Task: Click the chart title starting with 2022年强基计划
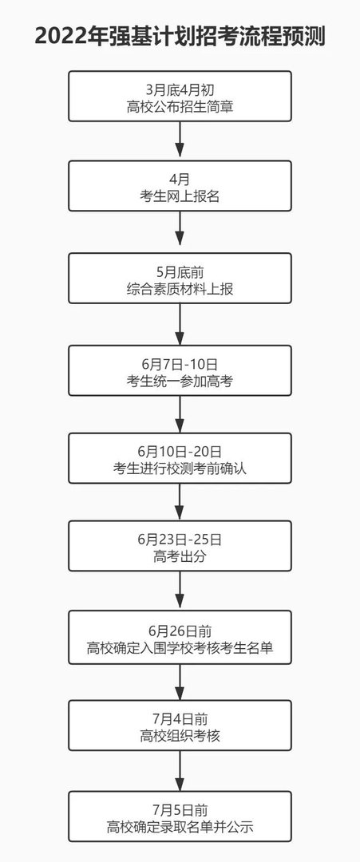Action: pyautogui.click(x=180, y=37)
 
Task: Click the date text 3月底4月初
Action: pyautogui.click(x=180, y=88)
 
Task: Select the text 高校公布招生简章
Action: pyautogui.click(x=180, y=105)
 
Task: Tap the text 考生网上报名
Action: pyautogui.click(x=180, y=196)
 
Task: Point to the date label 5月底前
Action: pyautogui.click(x=180, y=268)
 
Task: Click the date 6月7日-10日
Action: pyautogui.click(x=180, y=361)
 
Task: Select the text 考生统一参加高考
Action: pyautogui.click(x=180, y=378)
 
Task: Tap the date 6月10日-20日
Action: pyautogui.click(x=180, y=451)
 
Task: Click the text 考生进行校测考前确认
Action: pyautogui.click(x=180, y=469)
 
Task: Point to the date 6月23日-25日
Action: pyautogui.click(x=180, y=539)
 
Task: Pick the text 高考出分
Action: pyautogui.click(x=180, y=556)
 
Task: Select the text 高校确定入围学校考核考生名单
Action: pyautogui.click(x=180, y=648)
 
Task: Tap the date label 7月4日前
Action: pyautogui.click(x=180, y=718)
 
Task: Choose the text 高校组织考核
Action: pyautogui.click(x=180, y=736)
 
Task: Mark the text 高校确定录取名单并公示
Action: pyautogui.click(x=180, y=827)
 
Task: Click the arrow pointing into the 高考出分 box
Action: pyautogui.click(x=180, y=502)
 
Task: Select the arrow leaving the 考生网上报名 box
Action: pyautogui.click(x=180, y=231)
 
